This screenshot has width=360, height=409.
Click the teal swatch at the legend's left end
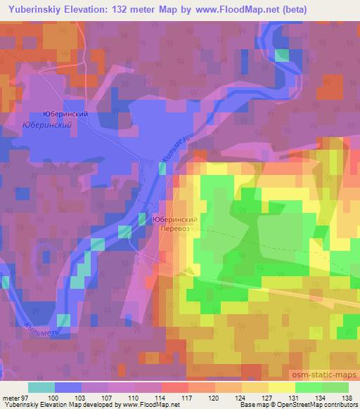point(41,387)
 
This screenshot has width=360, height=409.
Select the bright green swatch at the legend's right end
point(335,387)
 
